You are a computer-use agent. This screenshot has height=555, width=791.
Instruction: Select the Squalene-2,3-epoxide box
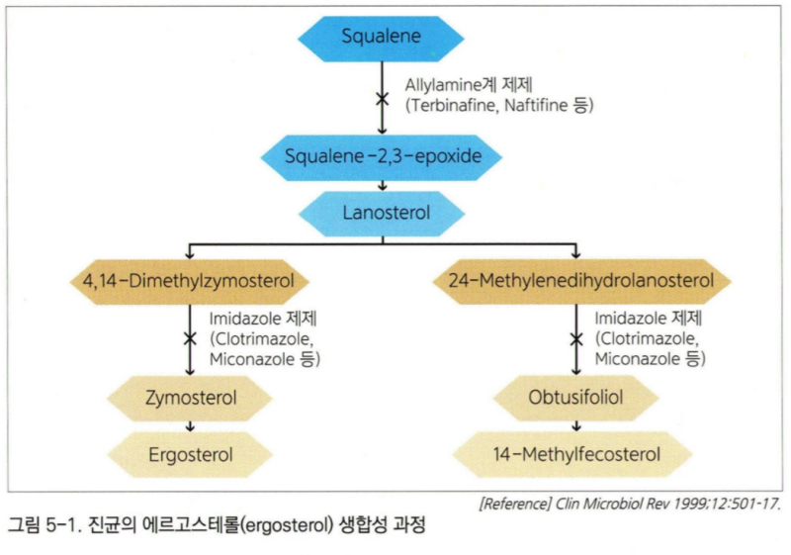click(382, 157)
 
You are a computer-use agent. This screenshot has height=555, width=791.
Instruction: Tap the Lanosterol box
click(382, 214)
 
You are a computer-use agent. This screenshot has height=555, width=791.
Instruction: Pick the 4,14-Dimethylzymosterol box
click(189, 282)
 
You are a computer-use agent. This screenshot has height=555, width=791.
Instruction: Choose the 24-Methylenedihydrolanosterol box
click(582, 281)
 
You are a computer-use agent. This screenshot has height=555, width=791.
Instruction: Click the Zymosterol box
click(190, 398)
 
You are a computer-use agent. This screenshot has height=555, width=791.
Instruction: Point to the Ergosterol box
click(190, 455)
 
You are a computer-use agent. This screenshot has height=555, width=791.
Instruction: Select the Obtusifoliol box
click(576, 398)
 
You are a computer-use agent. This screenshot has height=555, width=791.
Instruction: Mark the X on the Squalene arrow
click(383, 98)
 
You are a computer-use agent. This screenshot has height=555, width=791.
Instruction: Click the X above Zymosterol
click(190, 338)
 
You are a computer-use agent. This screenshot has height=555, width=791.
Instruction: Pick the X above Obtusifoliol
click(576, 339)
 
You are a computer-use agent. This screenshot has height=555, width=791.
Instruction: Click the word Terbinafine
click(453, 106)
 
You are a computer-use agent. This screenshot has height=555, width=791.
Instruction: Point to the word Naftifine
click(536, 106)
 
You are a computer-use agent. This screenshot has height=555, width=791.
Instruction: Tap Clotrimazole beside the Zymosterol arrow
click(261, 338)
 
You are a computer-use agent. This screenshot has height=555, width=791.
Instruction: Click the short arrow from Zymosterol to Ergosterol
click(190, 426)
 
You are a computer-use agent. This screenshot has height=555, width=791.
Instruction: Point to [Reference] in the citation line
click(515, 504)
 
